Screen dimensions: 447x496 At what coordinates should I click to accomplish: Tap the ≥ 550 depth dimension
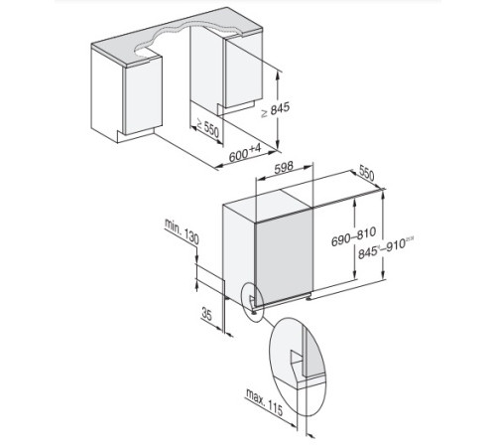[206, 127]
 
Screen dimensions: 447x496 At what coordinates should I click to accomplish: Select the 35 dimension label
[207, 315]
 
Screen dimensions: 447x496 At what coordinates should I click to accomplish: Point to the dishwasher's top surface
[298, 199]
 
